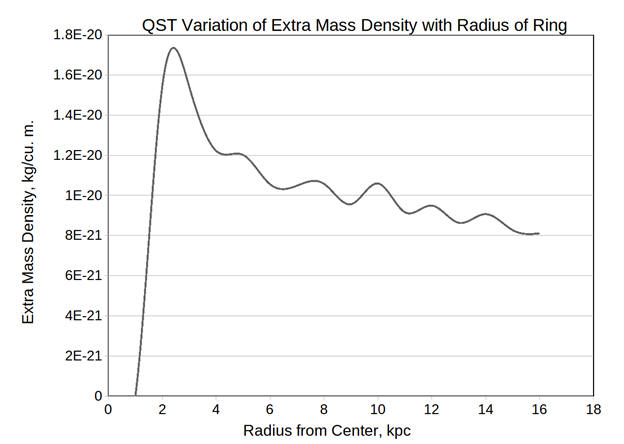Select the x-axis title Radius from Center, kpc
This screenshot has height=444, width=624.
click(326, 431)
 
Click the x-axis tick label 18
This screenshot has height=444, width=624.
click(593, 409)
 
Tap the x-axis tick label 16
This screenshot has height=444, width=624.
click(539, 409)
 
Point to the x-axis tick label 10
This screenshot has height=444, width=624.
click(377, 409)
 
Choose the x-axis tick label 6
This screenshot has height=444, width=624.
click(270, 409)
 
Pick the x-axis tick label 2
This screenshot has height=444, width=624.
click(162, 409)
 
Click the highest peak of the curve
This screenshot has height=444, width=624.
click(174, 48)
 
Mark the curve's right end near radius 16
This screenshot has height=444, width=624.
click(539, 233)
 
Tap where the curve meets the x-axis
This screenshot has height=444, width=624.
click(135, 395)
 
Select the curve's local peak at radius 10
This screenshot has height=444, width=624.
click(377, 183)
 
